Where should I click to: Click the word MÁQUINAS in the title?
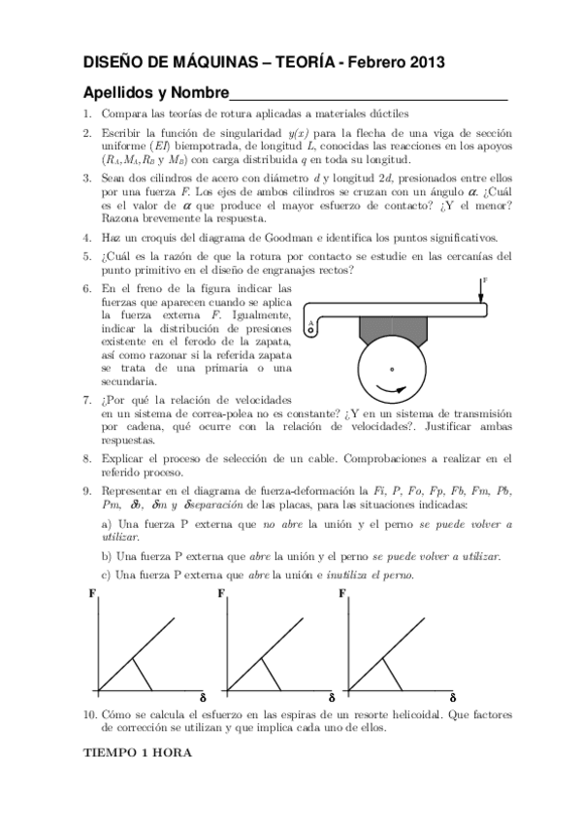pyautogui.click(x=215, y=63)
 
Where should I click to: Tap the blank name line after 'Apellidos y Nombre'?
pyautogui.click(x=369, y=95)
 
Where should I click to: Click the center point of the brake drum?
pyautogui.click(x=392, y=369)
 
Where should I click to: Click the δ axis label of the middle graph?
pyautogui.click(x=331, y=698)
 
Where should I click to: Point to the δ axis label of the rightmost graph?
pyautogui.click(x=451, y=698)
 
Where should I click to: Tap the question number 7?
pyautogui.click(x=86, y=401)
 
